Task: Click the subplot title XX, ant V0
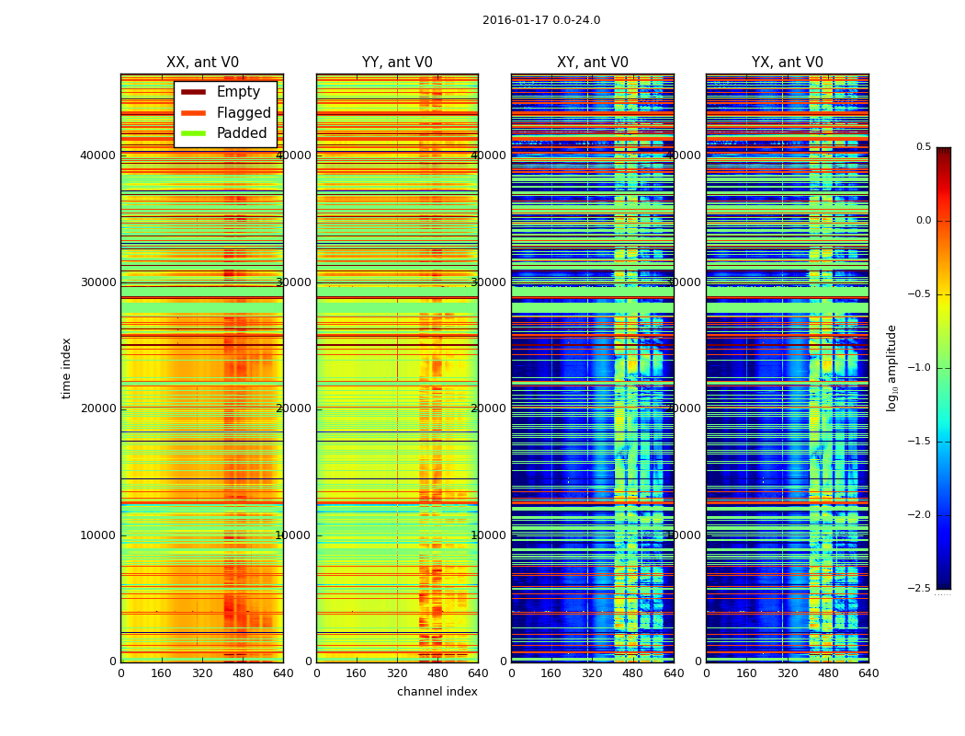coord(202,63)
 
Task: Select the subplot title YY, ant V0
coord(397,63)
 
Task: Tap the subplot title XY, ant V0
coord(593,63)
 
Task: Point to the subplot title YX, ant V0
coord(788,63)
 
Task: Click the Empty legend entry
coord(238,92)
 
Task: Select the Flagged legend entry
coord(244,113)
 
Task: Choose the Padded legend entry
coord(242,133)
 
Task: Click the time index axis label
coord(66,368)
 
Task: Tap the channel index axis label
coord(437,692)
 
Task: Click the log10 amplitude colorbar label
coord(891,368)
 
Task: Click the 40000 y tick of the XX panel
coord(97,155)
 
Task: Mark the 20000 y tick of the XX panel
coord(97,408)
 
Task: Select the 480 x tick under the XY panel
coord(633,673)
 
